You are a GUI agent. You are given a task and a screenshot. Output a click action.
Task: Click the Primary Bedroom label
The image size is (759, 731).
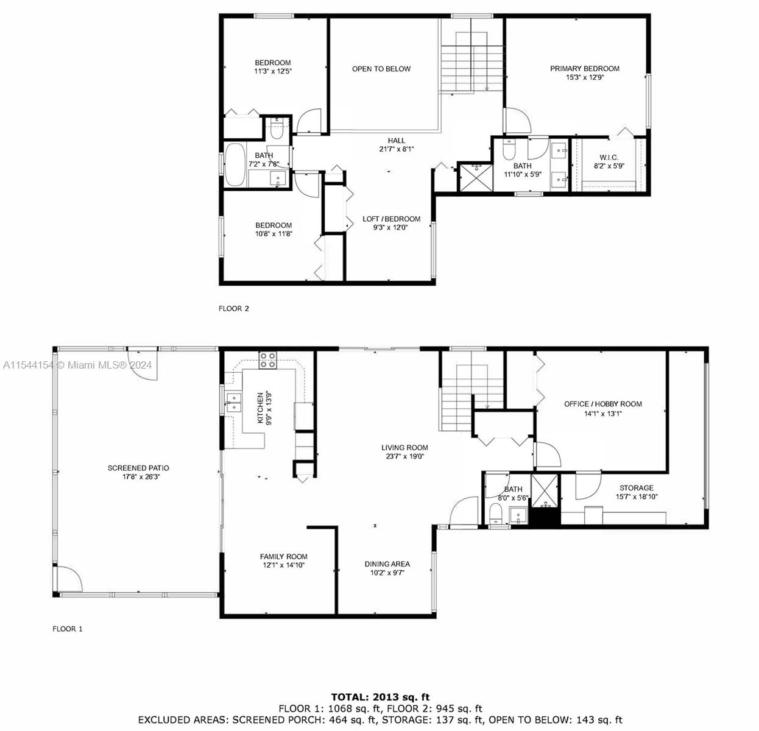(x=585, y=69)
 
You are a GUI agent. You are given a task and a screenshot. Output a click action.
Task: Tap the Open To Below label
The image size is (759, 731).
(x=381, y=69)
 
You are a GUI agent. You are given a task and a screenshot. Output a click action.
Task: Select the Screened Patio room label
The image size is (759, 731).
(x=138, y=468)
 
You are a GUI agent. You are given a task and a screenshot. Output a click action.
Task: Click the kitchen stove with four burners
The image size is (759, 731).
(x=268, y=360)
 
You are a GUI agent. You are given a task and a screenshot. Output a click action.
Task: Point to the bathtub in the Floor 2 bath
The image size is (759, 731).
(x=235, y=164)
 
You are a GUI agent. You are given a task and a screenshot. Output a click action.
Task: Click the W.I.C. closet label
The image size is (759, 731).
(x=609, y=157)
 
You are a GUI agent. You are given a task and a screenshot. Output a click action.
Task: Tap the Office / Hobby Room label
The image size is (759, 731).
(x=603, y=404)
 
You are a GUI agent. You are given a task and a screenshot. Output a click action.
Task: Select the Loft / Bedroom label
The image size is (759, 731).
(x=391, y=219)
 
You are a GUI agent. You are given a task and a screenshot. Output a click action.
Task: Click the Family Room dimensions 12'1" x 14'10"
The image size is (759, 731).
(x=283, y=565)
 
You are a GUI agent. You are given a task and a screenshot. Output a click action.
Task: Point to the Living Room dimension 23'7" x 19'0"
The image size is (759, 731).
(x=405, y=456)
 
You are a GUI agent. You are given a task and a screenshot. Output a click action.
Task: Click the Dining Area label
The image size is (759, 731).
(x=387, y=564)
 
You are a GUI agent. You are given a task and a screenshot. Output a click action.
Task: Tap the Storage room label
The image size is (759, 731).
(x=637, y=488)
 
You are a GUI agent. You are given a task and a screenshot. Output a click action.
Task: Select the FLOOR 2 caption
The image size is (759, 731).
(x=234, y=309)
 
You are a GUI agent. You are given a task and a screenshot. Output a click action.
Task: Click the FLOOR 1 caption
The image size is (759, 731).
(x=68, y=629)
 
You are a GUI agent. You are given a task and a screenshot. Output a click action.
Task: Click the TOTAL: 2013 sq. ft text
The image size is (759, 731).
(x=380, y=697)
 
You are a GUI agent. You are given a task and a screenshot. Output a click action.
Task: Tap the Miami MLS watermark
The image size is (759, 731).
(x=77, y=365)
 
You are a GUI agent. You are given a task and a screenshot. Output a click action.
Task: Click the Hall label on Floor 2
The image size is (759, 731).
(x=397, y=141)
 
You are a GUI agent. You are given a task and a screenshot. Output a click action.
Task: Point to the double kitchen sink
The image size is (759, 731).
(x=233, y=403)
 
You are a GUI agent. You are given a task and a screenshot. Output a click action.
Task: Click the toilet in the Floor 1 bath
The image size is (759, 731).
(x=496, y=514)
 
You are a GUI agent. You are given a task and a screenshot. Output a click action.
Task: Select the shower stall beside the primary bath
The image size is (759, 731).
(x=476, y=178)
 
